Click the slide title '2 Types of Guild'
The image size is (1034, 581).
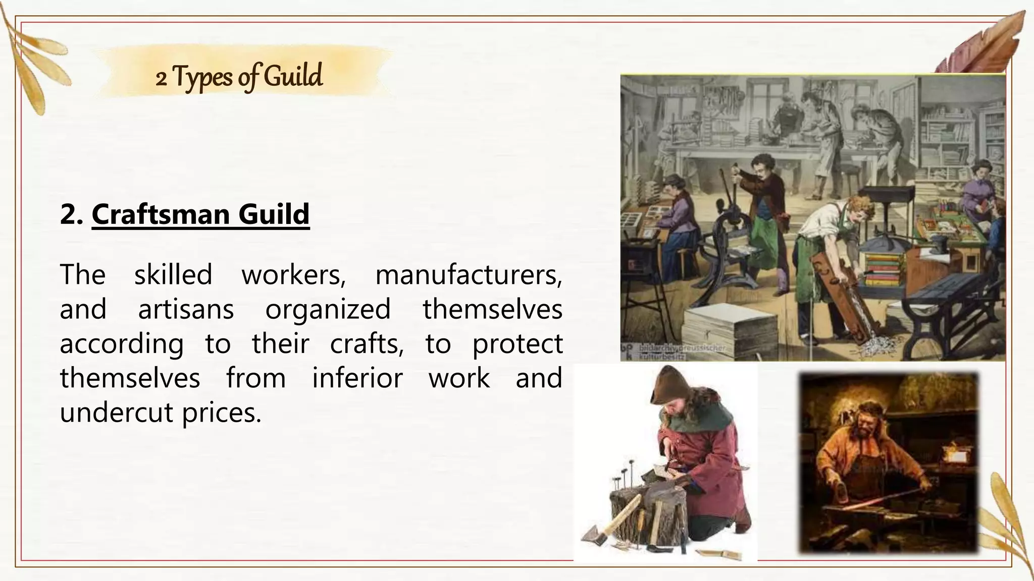click(239, 77)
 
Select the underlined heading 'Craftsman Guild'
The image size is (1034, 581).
click(200, 214)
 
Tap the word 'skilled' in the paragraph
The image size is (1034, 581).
click(173, 275)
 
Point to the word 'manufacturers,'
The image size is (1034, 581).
click(469, 275)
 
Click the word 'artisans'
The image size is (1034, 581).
click(186, 309)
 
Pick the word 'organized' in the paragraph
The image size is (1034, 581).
click(328, 309)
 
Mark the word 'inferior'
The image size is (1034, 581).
click(357, 378)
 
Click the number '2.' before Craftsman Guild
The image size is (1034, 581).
click(72, 214)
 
